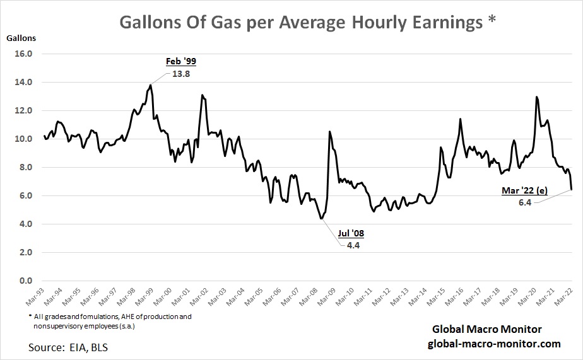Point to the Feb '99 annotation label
point(181,61)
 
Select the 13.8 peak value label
point(181,74)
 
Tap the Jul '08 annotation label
point(351,233)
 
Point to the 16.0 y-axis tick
point(23,54)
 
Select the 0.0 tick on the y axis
point(25,281)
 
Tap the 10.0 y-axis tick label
point(23,139)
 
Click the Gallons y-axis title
point(21,37)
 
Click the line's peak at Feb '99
point(150,85)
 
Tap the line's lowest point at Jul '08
point(321,219)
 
